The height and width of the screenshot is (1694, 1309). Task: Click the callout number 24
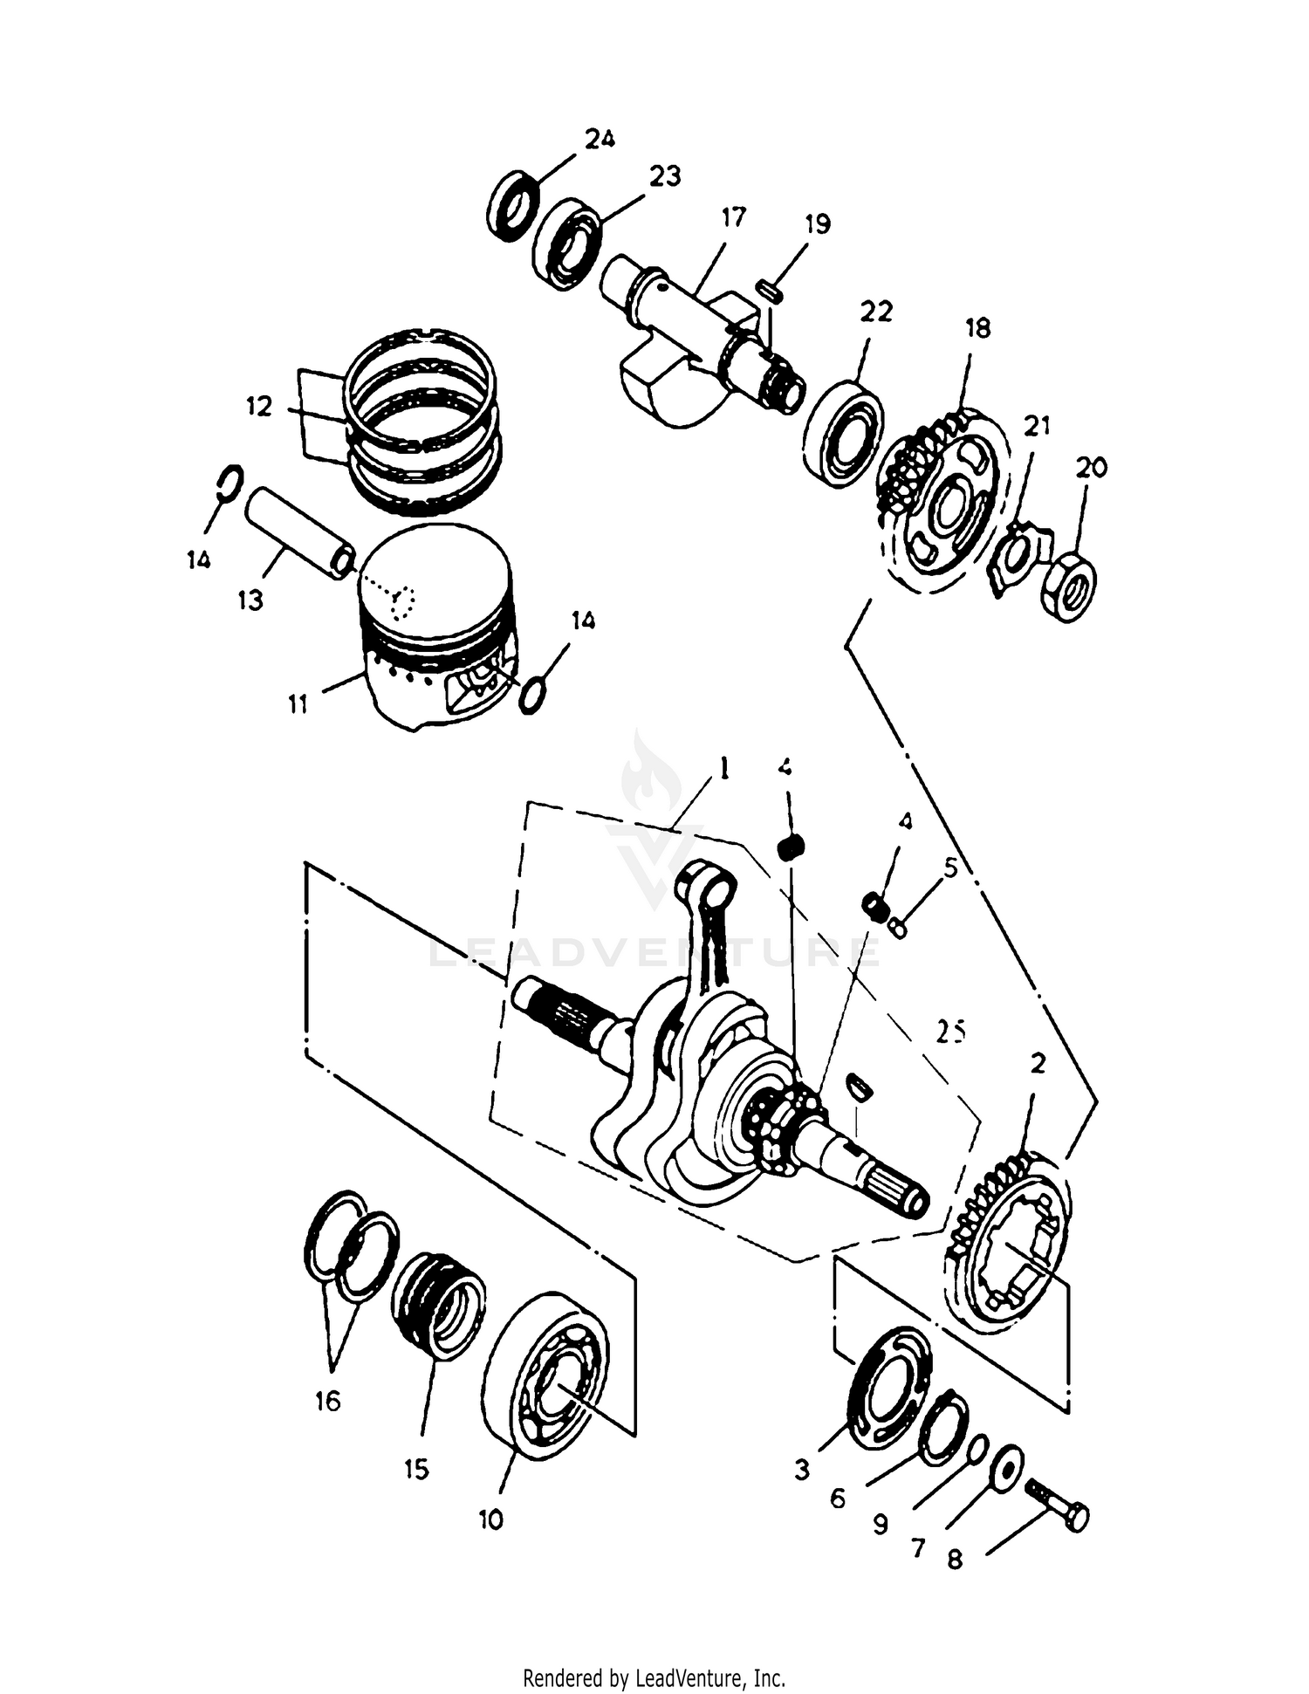click(x=600, y=139)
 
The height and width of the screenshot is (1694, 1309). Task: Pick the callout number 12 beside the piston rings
click(x=259, y=407)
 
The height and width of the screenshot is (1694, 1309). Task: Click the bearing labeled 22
click(x=843, y=433)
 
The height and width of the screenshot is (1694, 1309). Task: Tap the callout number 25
click(x=951, y=1032)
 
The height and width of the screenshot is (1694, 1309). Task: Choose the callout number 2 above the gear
click(x=1038, y=1064)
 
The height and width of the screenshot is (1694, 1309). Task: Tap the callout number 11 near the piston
click(x=298, y=703)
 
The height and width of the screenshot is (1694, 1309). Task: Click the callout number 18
click(x=978, y=328)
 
